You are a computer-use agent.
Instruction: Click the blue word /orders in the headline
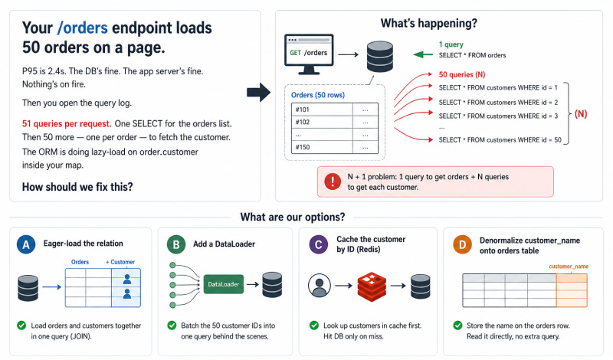coord(83,28)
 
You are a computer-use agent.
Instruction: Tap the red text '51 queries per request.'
coord(67,124)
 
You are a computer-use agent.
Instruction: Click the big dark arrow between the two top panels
coord(258,93)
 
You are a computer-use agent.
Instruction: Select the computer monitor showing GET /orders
coord(309,54)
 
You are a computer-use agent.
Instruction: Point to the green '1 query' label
coord(451,44)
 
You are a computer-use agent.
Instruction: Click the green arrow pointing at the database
coord(423,54)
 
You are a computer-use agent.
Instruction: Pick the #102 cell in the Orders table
coord(322,123)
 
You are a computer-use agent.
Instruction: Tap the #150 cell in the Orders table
coord(322,147)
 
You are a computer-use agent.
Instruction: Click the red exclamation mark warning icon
coord(333,182)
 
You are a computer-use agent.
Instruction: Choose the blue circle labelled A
coord(26,244)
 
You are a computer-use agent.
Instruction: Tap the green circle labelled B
coord(176,244)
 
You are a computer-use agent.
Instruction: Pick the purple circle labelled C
coord(319,244)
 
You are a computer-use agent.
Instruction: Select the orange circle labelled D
coord(463,244)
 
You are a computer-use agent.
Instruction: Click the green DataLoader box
coord(224,284)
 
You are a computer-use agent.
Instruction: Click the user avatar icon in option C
coord(320,286)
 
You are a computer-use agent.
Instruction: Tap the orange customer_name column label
coord(569,267)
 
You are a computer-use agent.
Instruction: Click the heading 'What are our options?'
coord(293,217)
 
